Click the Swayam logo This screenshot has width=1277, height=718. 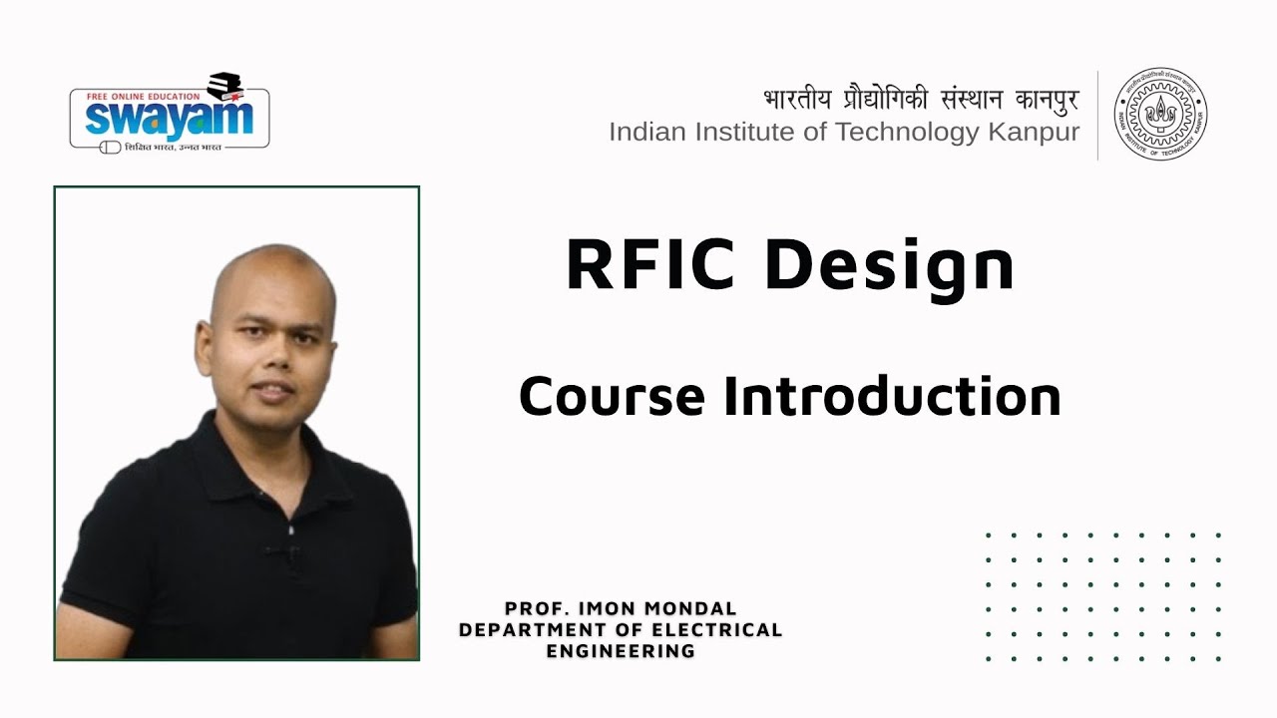(x=169, y=113)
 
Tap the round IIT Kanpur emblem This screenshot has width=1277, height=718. (x=1159, y=115)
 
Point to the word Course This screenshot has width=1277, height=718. (x=612, y=396)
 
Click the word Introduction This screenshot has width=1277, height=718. (x=892, y=396)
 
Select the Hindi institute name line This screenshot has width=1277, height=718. (x=921, y=100)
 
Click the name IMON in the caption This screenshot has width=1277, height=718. (x=601, y=608)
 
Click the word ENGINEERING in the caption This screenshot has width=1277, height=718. (x=621, y=651)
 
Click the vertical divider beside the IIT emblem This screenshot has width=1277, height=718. (x=1097, y=115)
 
